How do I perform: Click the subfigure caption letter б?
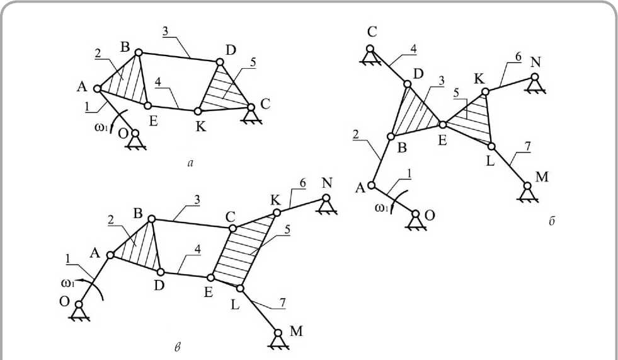point(552,221)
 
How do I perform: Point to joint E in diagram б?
point(442,124)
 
